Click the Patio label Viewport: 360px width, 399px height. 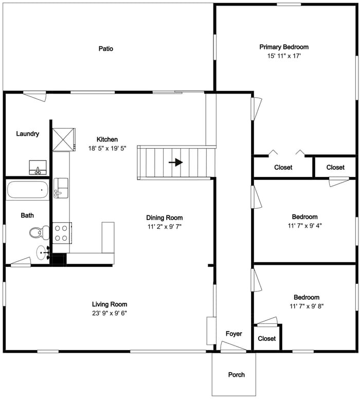(x=106, y=49)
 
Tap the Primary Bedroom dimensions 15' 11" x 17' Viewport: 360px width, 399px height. (x=284, y=56)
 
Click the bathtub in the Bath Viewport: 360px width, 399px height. (x=28, y=190)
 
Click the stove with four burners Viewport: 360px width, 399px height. (x=61, y=232)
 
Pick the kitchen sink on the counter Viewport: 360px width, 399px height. (x=60, y=187)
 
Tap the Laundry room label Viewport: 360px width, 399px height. (x=27, y=134)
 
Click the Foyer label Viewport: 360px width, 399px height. (x=234, y=334)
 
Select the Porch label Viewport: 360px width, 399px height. (x=237, y=375)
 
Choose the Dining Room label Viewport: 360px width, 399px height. (x=164, y=217)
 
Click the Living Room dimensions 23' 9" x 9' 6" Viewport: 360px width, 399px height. (x=110, y=313)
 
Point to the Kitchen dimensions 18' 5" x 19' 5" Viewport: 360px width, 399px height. (x=107, y=148)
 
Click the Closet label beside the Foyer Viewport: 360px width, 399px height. (x=267, y=339)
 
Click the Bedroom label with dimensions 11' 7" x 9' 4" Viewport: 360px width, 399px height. (x=304, y=217)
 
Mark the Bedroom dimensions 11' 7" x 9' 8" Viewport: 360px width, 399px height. (x=306, y=306)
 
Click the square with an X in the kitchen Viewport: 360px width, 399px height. (x=64, y=139)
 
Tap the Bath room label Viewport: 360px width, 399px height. (x=27, y=215)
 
